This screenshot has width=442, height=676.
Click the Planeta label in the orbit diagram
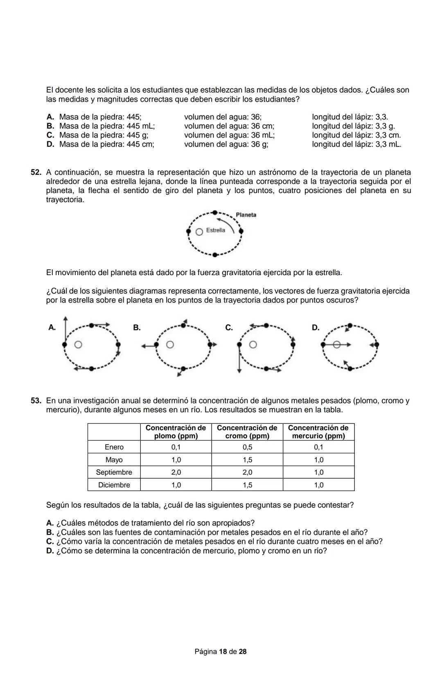click(x=246, y=215)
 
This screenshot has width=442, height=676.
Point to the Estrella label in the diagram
click(x=216, y=230)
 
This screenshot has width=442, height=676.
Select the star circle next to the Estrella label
click(x=199, y=232)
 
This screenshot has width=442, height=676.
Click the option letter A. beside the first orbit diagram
click(x=52, y=327)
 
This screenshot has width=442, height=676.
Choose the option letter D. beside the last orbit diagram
click(x=316, y=327)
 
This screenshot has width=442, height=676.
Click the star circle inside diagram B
click(x=170, y=345)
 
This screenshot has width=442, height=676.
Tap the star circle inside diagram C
click(x=253, y=345)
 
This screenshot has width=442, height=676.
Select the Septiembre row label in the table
click(x=114, y=472)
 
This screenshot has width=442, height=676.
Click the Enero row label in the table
click(x=114, y=447)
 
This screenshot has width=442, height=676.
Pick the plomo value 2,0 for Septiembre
click(x=176, y=472)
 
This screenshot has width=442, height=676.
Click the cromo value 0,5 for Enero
click(x=247, y=447)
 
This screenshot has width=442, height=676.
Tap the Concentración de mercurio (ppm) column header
click(x=318, y=432)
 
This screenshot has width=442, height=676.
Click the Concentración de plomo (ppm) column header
click(x=176, y=432)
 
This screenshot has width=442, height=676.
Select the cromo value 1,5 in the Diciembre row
click(x=247, y=485)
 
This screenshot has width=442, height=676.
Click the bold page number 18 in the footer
click(x=223, y=651)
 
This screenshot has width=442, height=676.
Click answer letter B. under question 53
click(x=50, y=532)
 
